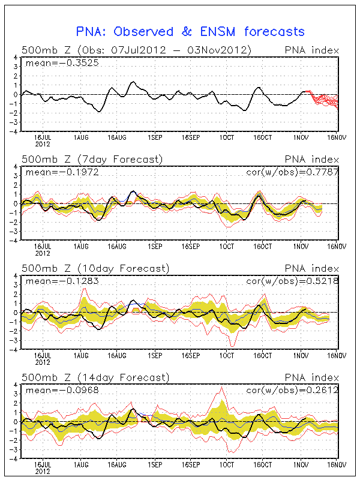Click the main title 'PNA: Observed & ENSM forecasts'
tap(191, 32)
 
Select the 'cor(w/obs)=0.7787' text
tap(292, 172)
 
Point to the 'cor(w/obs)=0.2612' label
tap(292, 391)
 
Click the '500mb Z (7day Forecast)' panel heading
tap(92, 160)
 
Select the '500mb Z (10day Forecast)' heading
tap(95, 268)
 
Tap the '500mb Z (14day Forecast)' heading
tap(95, 377)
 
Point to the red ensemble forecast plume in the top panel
tap(323, 99)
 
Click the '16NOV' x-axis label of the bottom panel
tap(335, 464)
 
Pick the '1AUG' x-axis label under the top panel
tap(80, 137)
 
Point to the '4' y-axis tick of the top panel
tap(16, 58)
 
